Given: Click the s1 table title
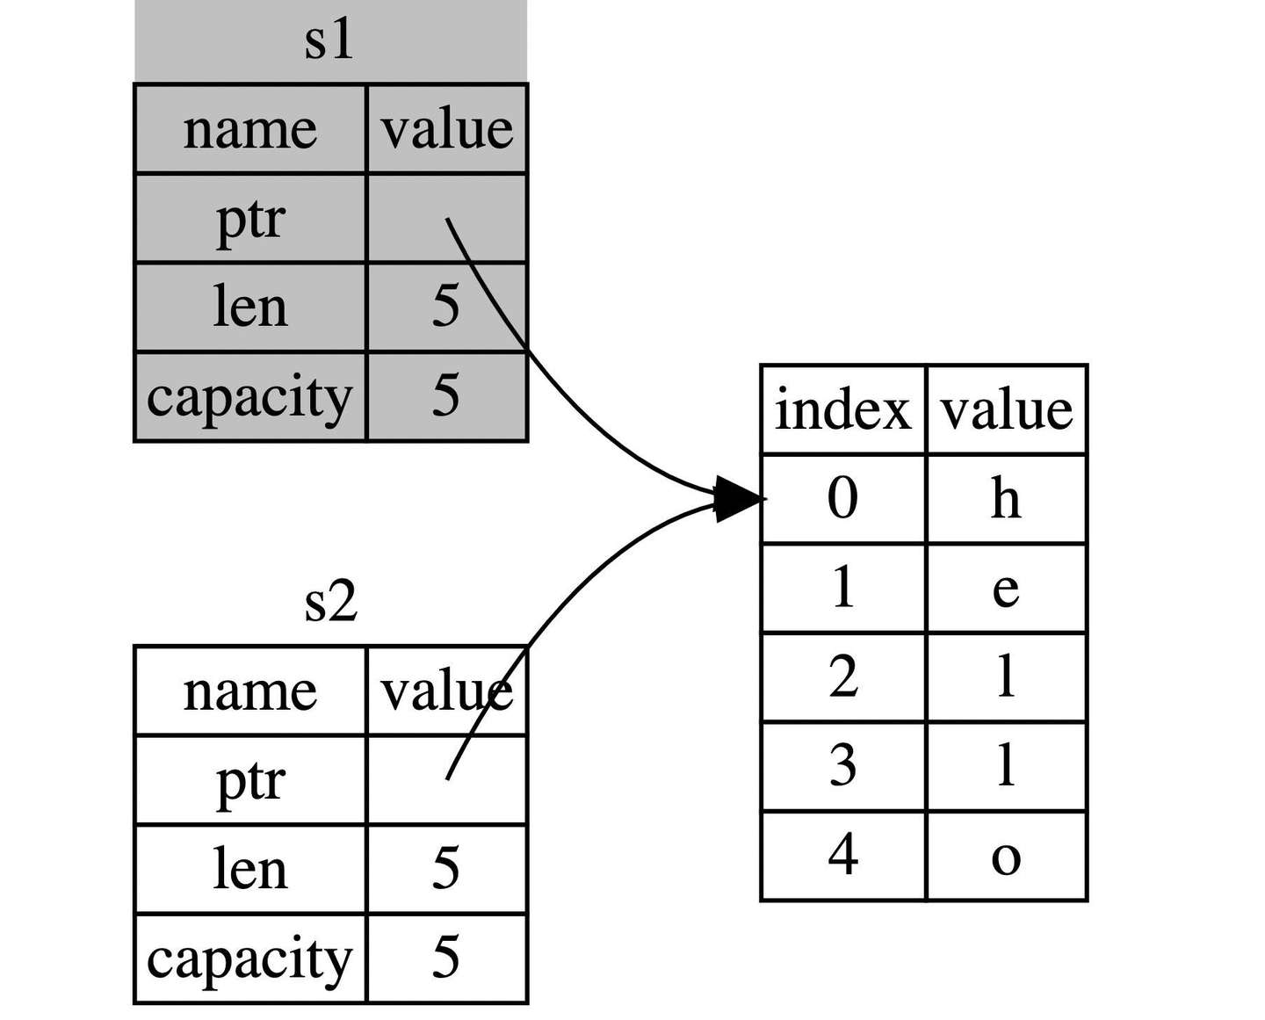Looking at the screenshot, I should [329, 41].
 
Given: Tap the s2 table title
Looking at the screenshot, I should [330, 603].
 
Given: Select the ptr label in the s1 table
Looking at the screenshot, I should [250, 219].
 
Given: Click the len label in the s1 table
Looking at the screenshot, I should [250, 307].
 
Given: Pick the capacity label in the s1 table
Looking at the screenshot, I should [249, 396].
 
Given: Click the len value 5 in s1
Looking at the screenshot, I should [445, 307].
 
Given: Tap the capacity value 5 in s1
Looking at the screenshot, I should [445, 395].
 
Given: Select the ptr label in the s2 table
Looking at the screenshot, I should [250, 780].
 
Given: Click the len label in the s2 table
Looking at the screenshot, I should [250, 869].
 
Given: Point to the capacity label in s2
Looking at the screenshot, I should [249, 959].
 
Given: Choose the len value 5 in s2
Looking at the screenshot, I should [445, 869].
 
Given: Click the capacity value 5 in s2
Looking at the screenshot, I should [445, 958].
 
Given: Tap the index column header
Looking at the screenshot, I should [842, 410].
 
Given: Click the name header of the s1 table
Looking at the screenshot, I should [249, 130].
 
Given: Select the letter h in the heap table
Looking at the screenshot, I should [1006, 499].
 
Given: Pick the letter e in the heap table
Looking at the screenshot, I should [1006, 589].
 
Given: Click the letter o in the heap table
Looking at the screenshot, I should [1006, 857].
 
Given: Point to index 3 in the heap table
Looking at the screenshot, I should [842, 766].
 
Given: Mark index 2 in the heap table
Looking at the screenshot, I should [842, 677].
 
